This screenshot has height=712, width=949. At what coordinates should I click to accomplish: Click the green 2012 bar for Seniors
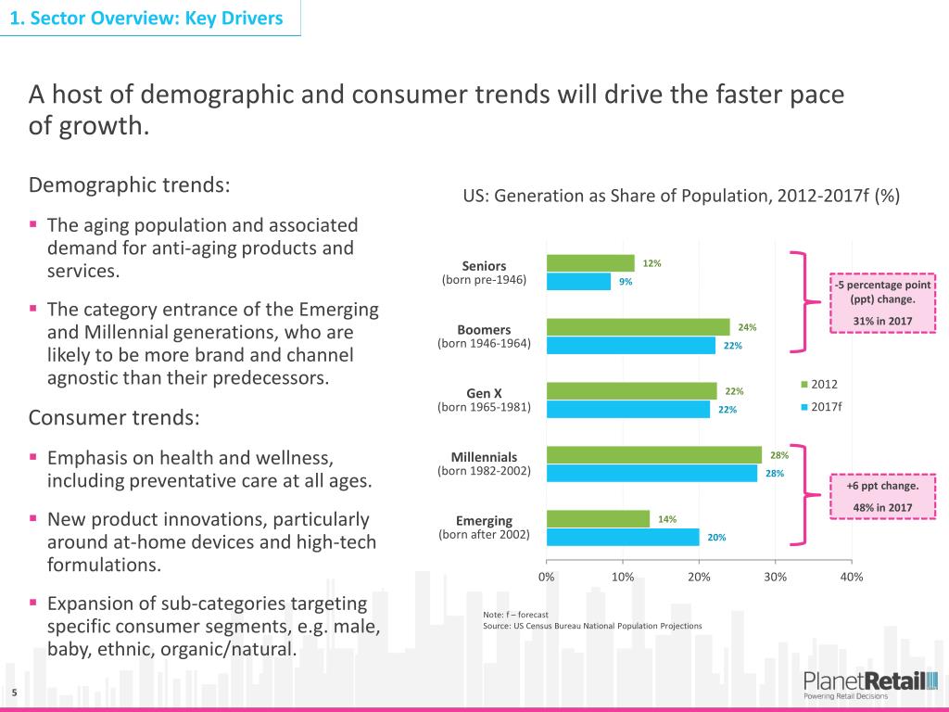590,263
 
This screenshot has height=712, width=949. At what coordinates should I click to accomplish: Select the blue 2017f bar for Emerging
623,537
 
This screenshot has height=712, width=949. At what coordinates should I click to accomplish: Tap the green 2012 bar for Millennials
653,455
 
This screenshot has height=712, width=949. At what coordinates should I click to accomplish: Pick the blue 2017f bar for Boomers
630,346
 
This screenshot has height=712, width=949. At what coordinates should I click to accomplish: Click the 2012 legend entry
819,384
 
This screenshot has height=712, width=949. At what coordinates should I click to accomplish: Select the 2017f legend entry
821,406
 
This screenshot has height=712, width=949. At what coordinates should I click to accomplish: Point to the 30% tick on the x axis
776,577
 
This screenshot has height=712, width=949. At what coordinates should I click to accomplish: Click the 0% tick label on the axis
547,577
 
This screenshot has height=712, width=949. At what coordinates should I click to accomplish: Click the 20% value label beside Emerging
717,538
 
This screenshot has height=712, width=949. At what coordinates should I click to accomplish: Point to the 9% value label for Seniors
626,283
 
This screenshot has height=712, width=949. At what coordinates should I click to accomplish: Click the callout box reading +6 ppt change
883,496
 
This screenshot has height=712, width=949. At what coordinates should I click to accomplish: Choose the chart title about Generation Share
681,197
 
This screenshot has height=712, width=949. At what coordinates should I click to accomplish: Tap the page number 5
15,693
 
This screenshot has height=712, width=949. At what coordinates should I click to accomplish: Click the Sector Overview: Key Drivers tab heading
149,18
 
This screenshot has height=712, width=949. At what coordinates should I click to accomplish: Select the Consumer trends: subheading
114,417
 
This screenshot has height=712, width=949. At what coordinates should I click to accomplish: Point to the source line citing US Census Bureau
593,626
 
